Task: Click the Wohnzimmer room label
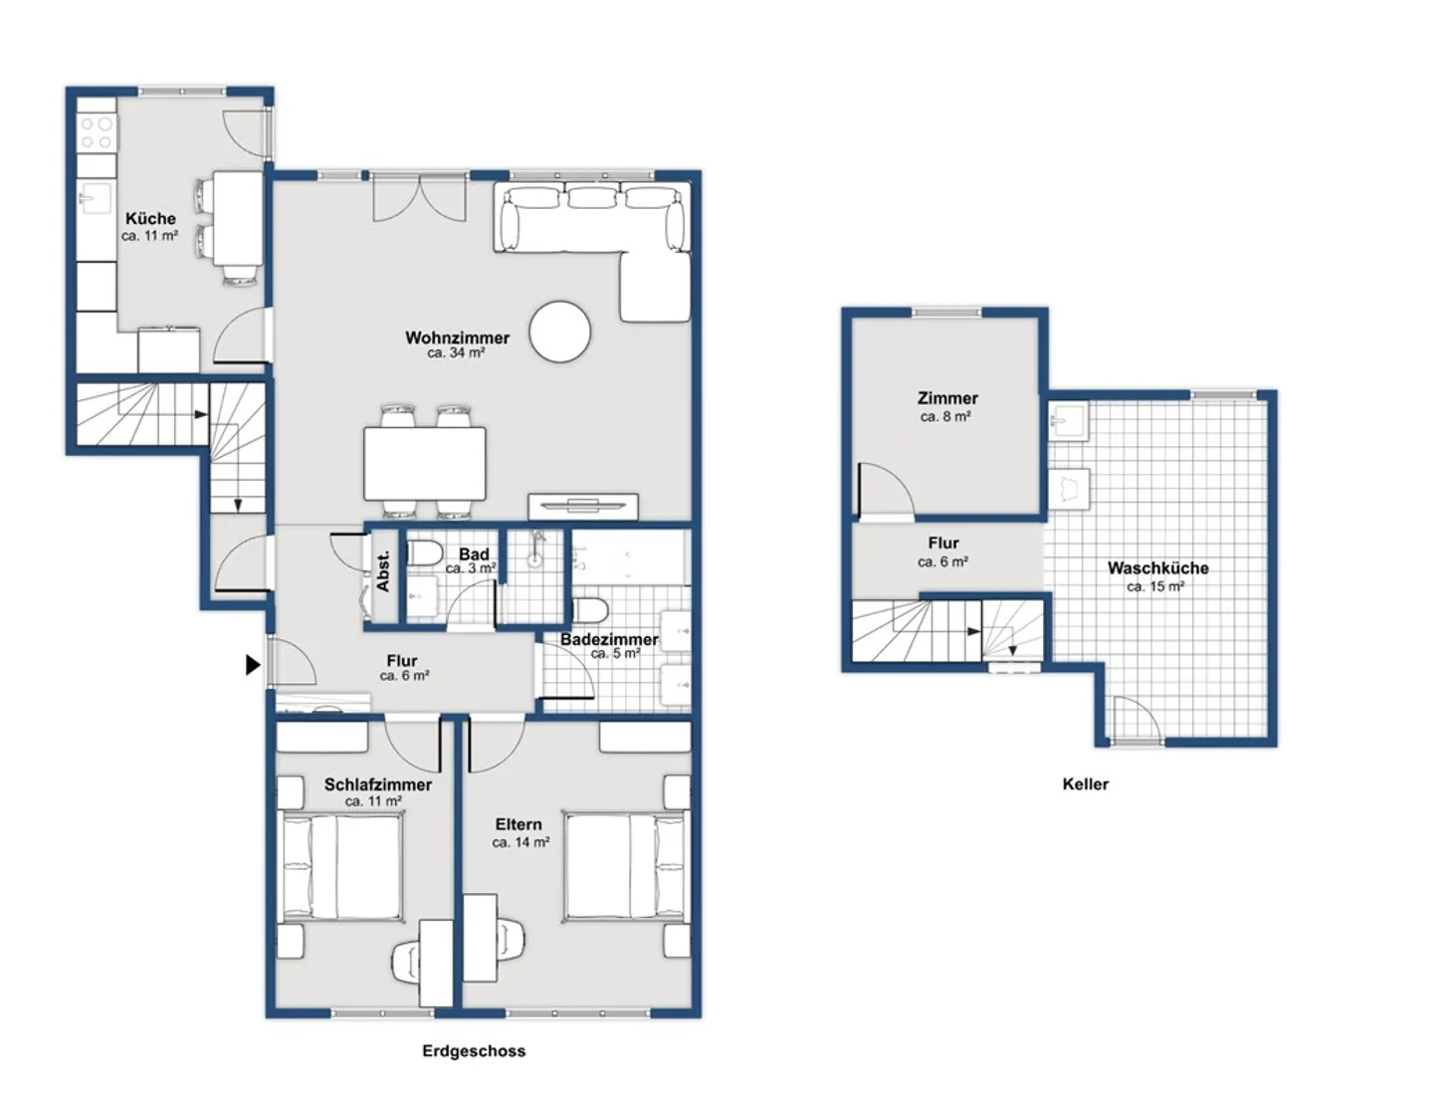click(457, 337)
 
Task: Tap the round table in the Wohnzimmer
click(559, 331)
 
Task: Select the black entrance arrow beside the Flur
click(254, 665)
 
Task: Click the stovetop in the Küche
click(97, 132)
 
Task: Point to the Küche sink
click(96, 197)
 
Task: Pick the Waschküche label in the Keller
click(1157, 568)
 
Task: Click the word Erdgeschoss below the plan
click(474, 1051)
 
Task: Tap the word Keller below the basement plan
click(1085, 784)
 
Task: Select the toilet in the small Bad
click(424, 553)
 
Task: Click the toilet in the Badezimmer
click(590, 611)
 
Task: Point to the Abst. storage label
click(383, 572)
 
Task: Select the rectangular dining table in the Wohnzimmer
click(424, 464)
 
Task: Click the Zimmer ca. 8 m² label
click(947, 406)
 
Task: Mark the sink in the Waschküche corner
click(1069, 420)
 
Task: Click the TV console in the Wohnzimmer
click(583, 507)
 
